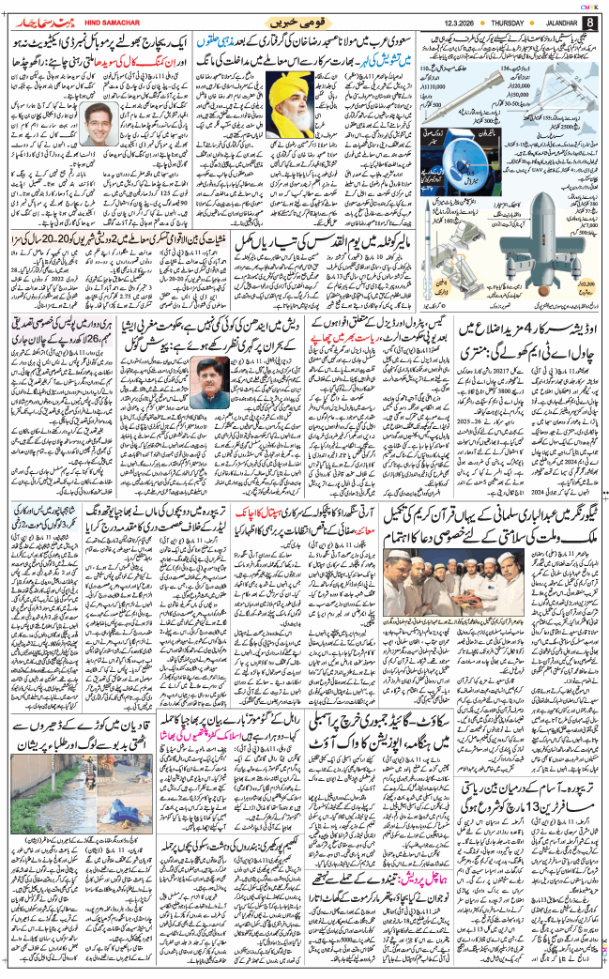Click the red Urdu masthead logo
pyautogui.click(x=32, y=20)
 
